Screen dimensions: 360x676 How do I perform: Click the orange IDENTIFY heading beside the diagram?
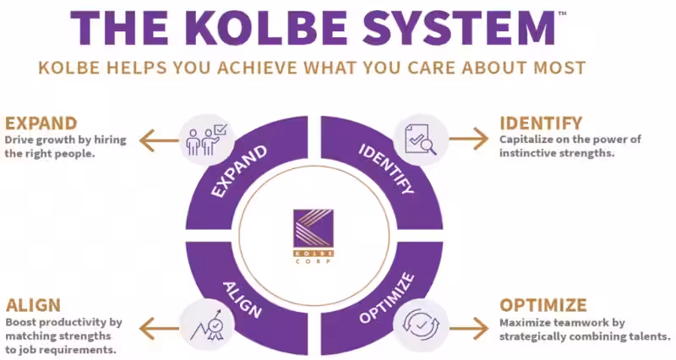tap(541, 123)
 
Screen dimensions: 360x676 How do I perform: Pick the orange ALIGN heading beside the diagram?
tap(33, 305)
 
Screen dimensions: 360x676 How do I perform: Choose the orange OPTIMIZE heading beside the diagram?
tap(543, 305)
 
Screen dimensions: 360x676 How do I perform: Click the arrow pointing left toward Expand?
tap(157, 138)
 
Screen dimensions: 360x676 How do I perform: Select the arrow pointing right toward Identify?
tap(468, 138)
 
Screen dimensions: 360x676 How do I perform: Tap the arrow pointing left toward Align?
tap(157, 325)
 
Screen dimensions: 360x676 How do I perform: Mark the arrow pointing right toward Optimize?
tap(468, 325)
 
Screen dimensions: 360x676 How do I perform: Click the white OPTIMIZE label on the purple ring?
tap(386, 297)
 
